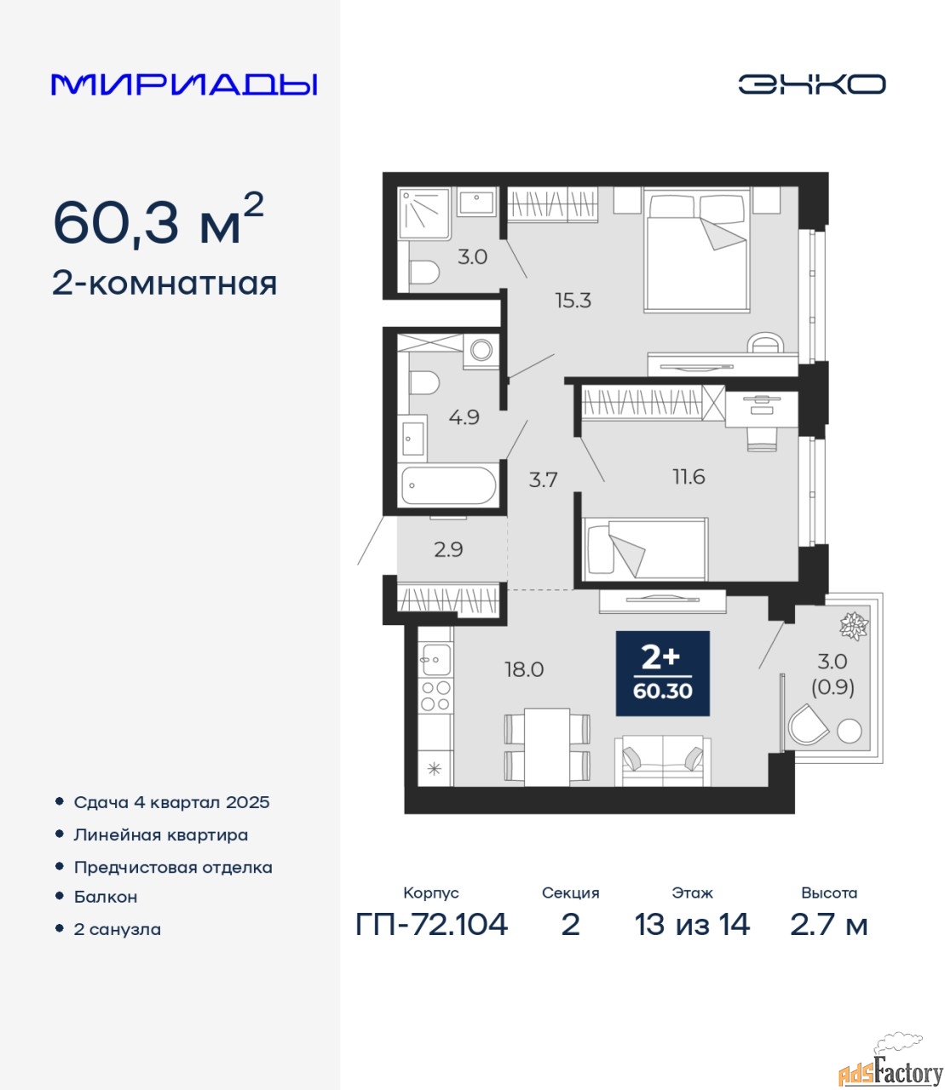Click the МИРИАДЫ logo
184,84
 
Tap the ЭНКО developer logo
811,84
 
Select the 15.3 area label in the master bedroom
573,301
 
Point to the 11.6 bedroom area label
689,477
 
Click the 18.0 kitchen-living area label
524,669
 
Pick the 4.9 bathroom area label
464,417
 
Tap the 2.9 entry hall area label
448,549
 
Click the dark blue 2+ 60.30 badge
663,674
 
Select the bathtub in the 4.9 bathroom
448,485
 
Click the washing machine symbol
481,350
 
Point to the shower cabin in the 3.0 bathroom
424,213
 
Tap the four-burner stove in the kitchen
435,696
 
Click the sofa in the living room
663,760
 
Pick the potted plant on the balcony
854,627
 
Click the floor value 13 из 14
692,924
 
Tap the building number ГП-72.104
432,924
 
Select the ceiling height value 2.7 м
828,924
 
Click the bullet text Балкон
106,897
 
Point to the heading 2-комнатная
164,284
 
